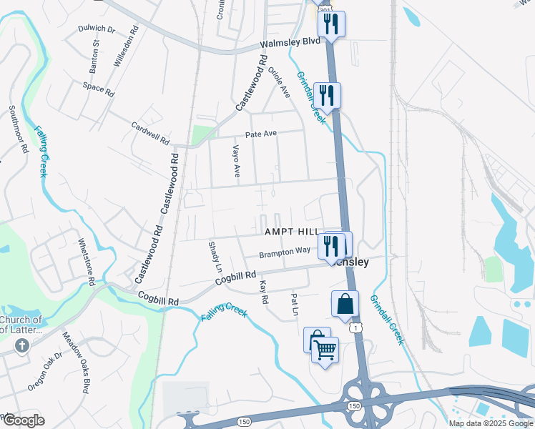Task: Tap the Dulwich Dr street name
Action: click(97, 29)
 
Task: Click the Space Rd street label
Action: click(99, 89)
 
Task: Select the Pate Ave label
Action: click(261, 134)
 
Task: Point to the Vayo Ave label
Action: click(236, 161)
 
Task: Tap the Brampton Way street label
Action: click(285, 252)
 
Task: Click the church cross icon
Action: click(22, 346)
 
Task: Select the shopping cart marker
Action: click(325, 350)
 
